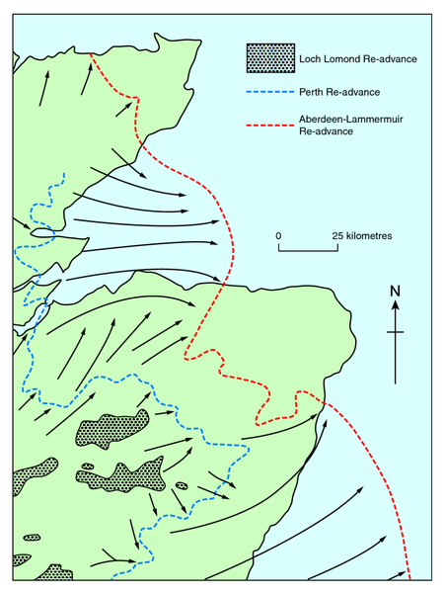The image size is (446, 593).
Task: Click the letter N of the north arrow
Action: point(396,291)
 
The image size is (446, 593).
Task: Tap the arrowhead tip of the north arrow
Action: point(396,301)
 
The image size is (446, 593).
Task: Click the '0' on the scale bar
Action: point(278,236)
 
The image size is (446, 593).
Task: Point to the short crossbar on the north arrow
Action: point(396,333)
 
